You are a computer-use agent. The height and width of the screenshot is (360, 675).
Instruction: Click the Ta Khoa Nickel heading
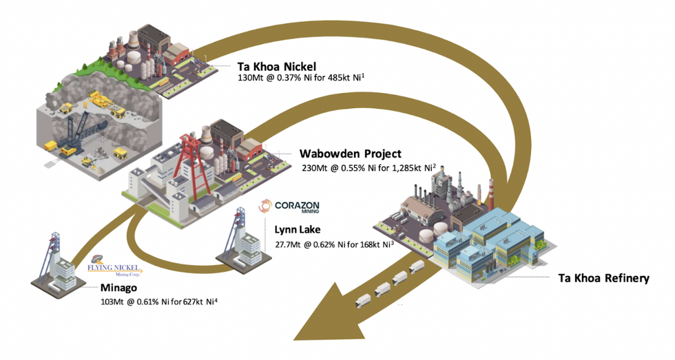[x=276, y=67]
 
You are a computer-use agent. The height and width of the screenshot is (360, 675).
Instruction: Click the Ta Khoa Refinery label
[x=603, y=279]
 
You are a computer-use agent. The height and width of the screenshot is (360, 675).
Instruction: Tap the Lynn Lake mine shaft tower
[x=238, y=234]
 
